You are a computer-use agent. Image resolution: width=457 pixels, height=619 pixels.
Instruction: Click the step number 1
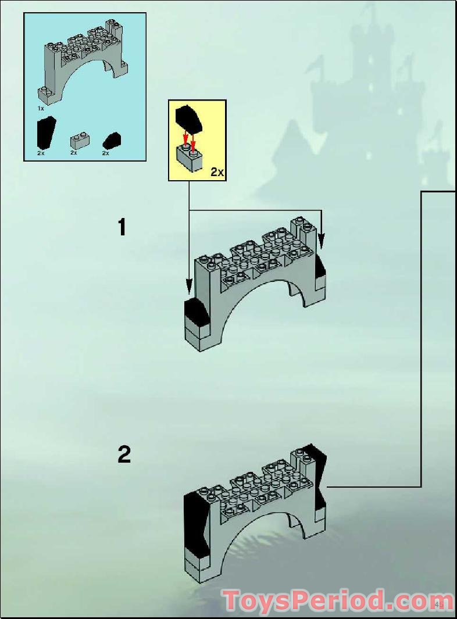pos(122,227)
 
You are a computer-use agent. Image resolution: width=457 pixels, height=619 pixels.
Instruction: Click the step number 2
pos(124,455)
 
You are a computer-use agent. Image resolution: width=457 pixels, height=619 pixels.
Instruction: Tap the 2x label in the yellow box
pos(217,172)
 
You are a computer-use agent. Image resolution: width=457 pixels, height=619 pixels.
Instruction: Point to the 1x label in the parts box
pos(41,108)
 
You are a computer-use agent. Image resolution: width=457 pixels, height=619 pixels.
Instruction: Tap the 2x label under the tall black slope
pos(41,153)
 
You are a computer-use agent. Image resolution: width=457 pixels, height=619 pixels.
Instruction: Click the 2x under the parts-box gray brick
pos(74,153)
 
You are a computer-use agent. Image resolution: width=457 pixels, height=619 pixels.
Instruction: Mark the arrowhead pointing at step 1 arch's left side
pos(188,285)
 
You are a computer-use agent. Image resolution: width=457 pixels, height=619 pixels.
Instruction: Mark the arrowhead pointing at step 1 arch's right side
pos(321,239)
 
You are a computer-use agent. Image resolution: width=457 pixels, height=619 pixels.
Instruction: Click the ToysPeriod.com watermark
pos(338,600)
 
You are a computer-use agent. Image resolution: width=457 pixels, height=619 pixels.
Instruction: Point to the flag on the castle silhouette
pos(316,66)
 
